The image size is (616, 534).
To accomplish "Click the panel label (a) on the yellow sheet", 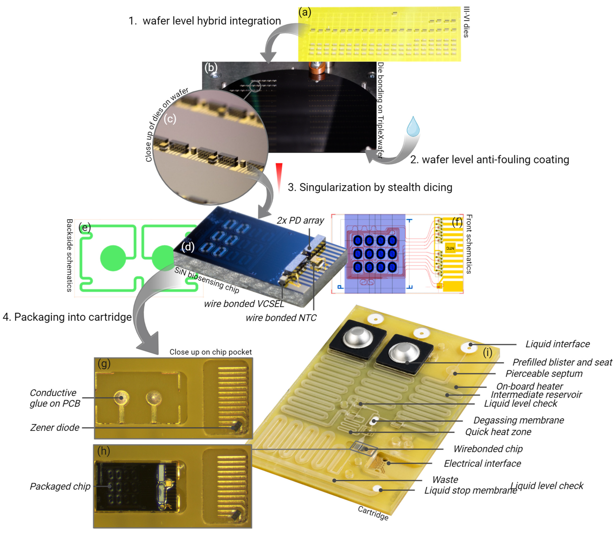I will [305, 13].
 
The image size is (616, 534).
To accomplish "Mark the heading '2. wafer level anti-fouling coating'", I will [490, 160].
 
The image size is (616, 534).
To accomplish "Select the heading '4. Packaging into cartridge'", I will [67, 317].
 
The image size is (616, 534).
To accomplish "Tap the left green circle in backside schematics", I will [113, 258].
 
